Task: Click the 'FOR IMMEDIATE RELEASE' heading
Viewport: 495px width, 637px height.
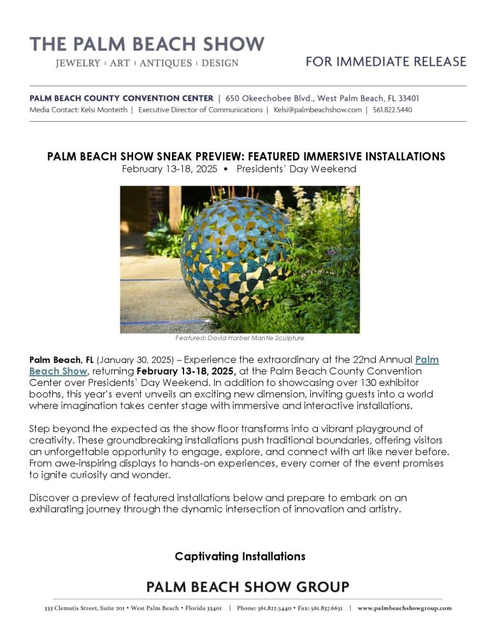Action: pos(386,62)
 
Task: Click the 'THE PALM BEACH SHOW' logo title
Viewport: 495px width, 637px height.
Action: pos(147,44)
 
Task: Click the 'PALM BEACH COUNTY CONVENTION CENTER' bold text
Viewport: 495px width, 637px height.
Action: pos(121,98)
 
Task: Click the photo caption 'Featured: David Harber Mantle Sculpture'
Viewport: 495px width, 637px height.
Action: pos(240,338)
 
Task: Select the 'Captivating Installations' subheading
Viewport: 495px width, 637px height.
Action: pos(240,556)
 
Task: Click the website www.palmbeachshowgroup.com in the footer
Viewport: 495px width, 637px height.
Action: pos(405,608)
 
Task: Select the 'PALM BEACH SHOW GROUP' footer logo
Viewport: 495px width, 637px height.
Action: pos(248,587)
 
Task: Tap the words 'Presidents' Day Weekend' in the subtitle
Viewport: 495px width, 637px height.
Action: pos(296,169)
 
